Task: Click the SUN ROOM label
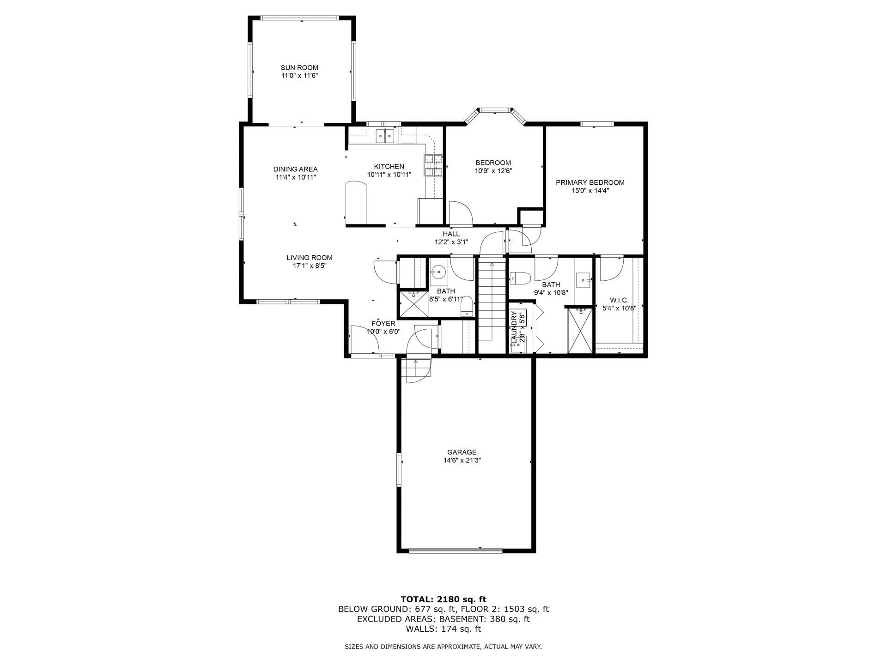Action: (x=299, y=68)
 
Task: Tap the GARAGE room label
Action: (x=462, y=452)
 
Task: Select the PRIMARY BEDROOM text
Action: (x=590, y=182)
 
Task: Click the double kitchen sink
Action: (x=385, y=135)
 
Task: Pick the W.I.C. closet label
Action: (x=619, y=300)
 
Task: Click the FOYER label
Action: (x=383, y=323)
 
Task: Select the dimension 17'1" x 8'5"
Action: (x=310, y=266)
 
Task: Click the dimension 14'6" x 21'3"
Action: (x=462, y=460)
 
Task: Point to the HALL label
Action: (x=451, y=234)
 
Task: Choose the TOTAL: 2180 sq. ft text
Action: (x=443, y=599)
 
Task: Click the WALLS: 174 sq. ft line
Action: (x=443, y=629)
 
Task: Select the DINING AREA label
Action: (x=295, y=169)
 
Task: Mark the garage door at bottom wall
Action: (x=456, y=550)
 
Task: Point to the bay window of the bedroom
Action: (x=495, y=110)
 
